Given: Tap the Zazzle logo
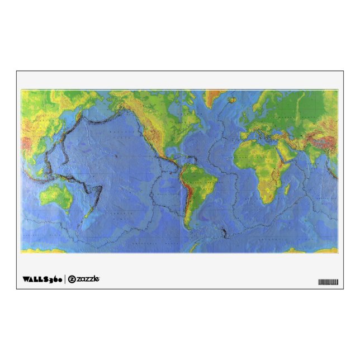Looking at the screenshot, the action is (x=84, y=278).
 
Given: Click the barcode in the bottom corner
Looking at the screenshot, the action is (x=328, y=282).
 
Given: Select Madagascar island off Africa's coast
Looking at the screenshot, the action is (x=287, y=190).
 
